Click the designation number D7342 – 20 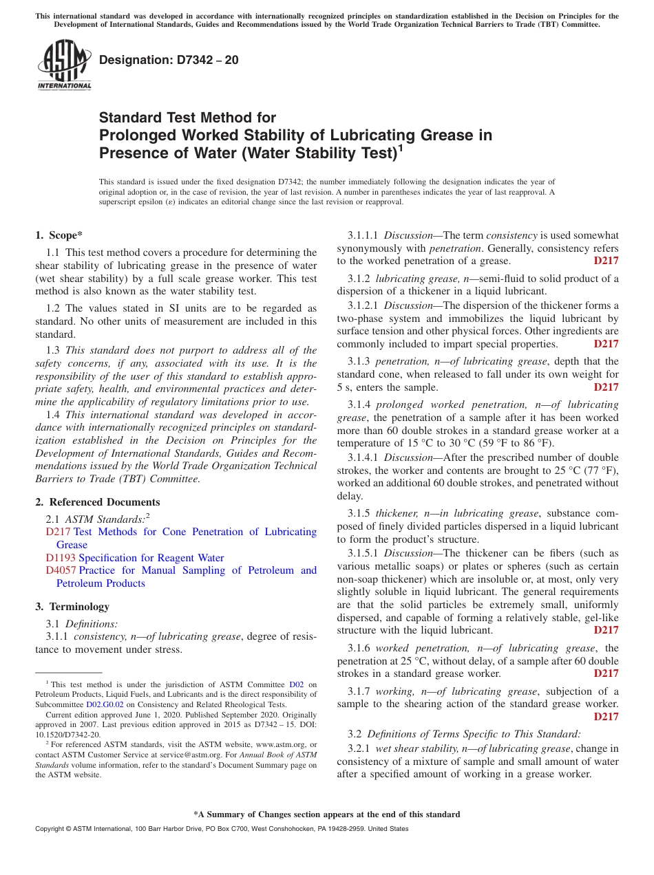[x=169, y=60]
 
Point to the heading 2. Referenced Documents [x=98, y=502]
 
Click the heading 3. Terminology [x=72, y=607]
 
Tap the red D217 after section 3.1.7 [x=606, y=717]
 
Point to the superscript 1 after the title [x=401, y=148]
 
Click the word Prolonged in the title [x=134, y=135]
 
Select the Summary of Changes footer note [x=326, y=814]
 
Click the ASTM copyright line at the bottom [x=222, y=829]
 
